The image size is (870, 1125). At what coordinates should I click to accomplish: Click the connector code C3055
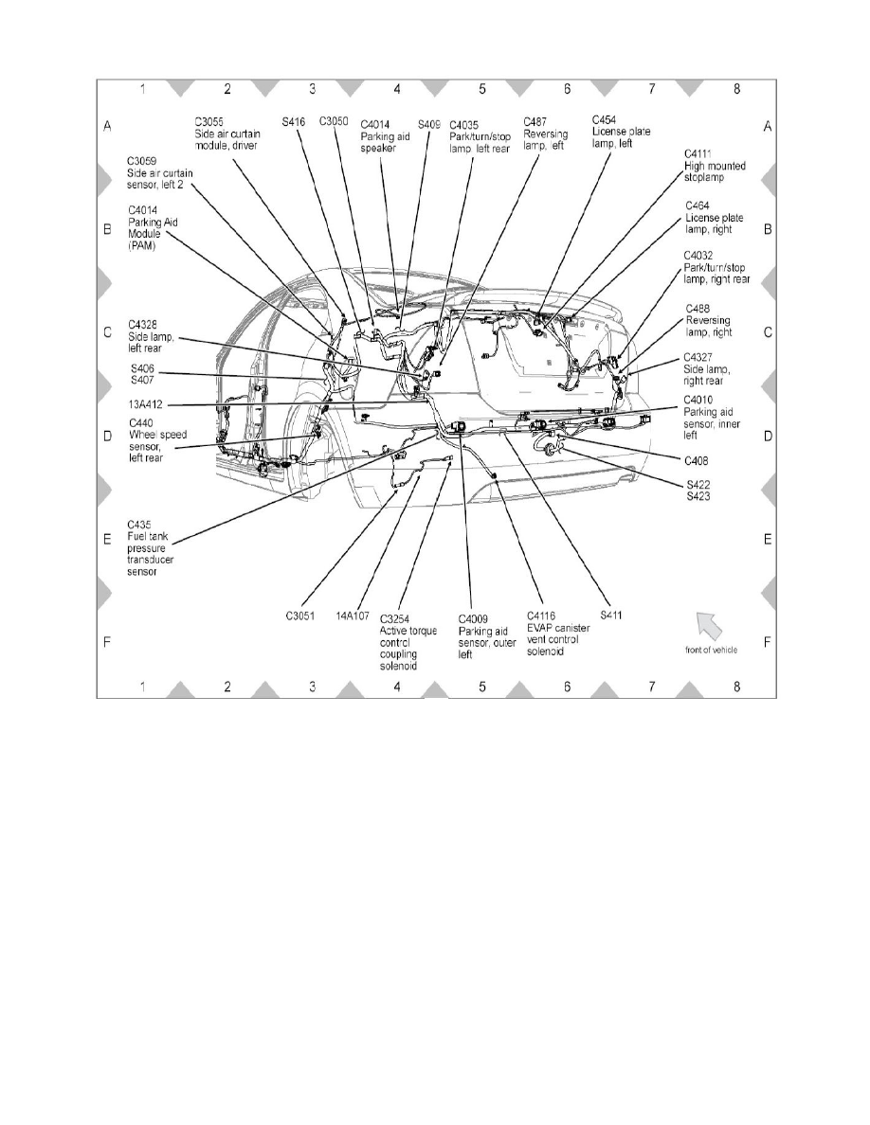[210, 122]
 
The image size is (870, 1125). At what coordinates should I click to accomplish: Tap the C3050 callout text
[335, 122]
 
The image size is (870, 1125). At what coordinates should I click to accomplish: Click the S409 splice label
[429, 124]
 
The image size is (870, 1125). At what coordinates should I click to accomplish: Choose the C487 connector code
[538, 122]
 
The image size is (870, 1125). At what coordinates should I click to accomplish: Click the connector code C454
[605, 120]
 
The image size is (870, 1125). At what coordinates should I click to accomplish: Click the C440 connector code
[141, 422]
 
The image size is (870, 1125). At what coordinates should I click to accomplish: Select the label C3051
[306, 614]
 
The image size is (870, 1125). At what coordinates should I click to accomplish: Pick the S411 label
[611, 614]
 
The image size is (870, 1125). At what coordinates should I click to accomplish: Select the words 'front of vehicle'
[712, 650]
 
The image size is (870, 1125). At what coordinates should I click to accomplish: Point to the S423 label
[698, 495]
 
